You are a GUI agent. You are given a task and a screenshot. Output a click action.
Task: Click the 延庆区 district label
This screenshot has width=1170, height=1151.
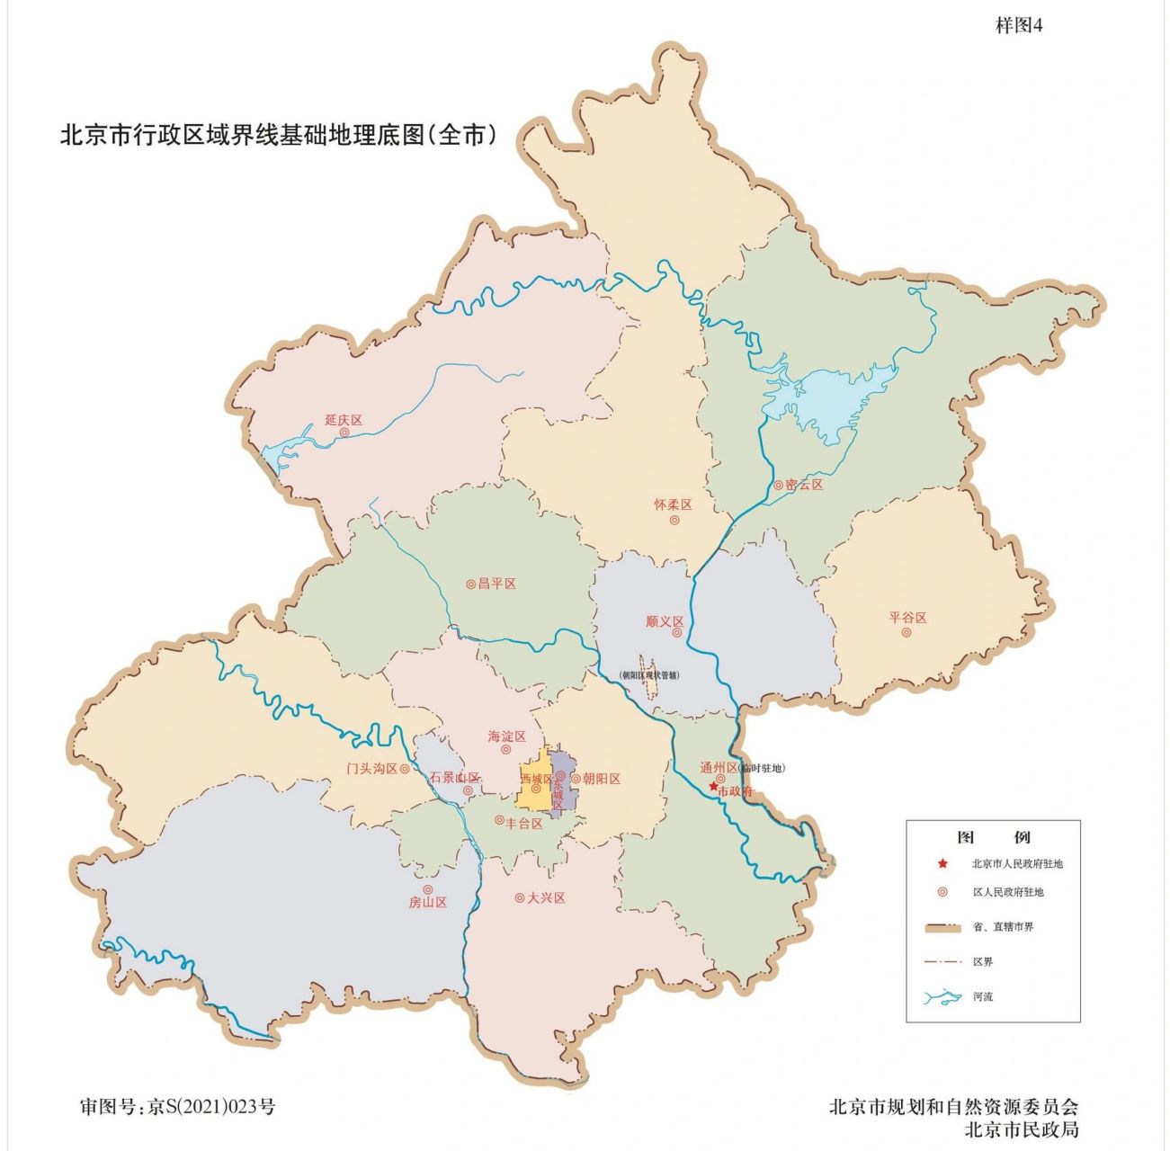pos(343,420)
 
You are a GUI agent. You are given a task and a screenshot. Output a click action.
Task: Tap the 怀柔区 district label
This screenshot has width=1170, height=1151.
pos(673,505)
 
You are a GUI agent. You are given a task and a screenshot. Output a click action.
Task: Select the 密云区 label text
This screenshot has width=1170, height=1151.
pos(803,485)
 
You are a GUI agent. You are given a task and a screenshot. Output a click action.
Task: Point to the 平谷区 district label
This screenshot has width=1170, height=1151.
pos(907,618)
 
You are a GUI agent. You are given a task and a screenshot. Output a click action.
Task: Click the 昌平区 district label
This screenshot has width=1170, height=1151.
pos(496,584)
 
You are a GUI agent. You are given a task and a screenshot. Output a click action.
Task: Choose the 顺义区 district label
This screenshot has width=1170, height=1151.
pos(665,621)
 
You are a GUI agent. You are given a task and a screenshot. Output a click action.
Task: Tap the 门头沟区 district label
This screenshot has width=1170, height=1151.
pos(372,769)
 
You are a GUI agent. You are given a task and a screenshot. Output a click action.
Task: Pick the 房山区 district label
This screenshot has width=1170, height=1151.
pos(428,902)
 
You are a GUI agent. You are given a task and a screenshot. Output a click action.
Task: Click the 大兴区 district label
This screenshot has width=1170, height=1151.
pos(546,897)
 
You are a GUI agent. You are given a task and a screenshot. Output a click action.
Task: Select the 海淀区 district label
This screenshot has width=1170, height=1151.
pos(506,736)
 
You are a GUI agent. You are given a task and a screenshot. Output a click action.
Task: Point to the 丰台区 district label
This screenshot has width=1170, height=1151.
pos(523,823)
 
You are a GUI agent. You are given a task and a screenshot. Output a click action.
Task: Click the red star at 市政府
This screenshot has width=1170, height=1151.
pos(713,786)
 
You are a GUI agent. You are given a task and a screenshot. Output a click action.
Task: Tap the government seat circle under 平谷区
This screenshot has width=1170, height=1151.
pos(907,632)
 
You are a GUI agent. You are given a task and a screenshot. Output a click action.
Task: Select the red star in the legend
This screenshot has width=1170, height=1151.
pos(942,864)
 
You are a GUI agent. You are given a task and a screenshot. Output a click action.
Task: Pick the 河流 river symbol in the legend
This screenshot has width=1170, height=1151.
pos(942,997)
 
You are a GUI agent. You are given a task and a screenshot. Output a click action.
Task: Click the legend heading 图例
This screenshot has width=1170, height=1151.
pos(993,837)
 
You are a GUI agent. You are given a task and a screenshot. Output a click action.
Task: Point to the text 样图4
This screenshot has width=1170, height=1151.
pos(1018,26)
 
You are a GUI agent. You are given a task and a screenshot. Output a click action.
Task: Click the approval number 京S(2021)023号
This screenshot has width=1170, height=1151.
pos(210,1106)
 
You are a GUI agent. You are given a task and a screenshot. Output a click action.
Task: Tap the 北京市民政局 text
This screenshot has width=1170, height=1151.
pos(1021,1129)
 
